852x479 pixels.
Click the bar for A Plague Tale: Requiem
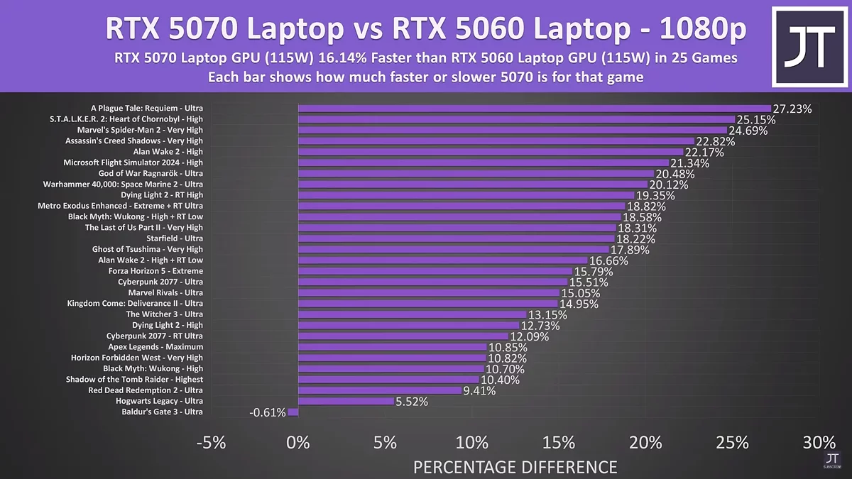pyautogui.click(x=532, y=109)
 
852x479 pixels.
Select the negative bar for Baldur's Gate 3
pyautogui.click(x=293, y=412)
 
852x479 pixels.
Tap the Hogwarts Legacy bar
pyautogui.click(x=346, y=401)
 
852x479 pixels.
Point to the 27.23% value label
pyautogui.click(x=792, y=109)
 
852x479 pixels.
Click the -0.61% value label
pyautogui.click(x=268, y=412)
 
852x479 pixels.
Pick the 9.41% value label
pyautogui.click(x=479, y=390)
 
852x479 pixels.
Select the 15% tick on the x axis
pyautogui.click(x=559, y=443)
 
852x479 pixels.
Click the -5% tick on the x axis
pyautogui.click(x=211, y=443)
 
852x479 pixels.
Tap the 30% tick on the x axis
pyautogui.click(x=819, y=443)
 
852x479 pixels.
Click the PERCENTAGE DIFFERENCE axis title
pyautogui.click(x=515, y=467)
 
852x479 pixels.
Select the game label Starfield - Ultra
pyautogui.click(x=174, y=238)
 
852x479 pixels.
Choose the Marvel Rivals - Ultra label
pyautogui.click(x=165, y=292)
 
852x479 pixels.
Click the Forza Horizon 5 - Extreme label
pyautogui.click(x=155, y=271)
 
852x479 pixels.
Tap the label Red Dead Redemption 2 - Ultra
pyautogui.click(x=146, y=390)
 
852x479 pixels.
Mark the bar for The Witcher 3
pyautogui.click(x=412, y=314)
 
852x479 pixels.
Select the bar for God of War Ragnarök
pyautogui.click(x=476, y=173)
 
